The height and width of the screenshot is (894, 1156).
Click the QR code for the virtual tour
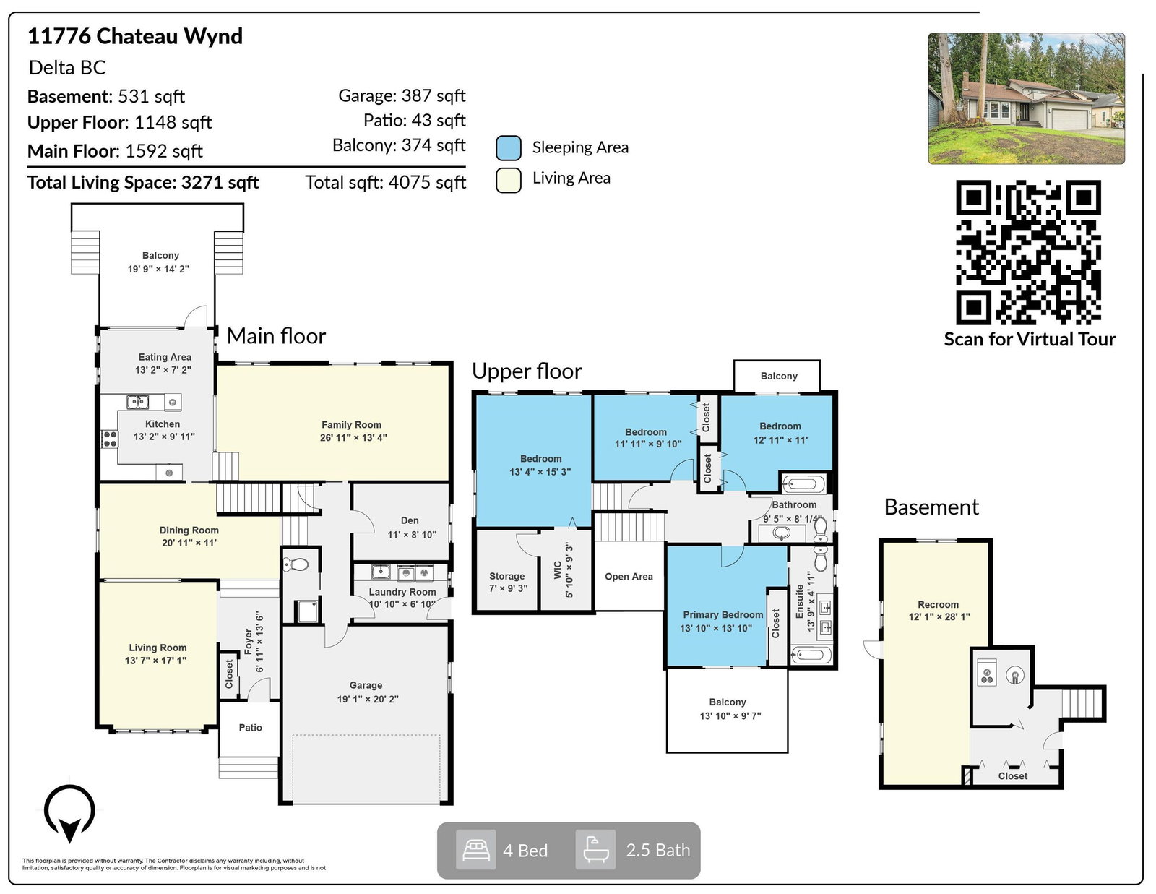[1028, 252]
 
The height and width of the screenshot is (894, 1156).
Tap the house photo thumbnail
[1026, 98]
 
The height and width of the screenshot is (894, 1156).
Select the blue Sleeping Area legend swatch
[508, 148]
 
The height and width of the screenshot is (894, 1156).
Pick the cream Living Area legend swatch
[508, 180]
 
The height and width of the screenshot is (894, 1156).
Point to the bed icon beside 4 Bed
[475, 850]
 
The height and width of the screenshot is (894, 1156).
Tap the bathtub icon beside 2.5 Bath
[595, 849]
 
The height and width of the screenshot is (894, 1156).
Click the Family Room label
[351, 425]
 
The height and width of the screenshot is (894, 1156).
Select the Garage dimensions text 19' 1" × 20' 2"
[368, 699]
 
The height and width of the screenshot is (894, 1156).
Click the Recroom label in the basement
[938, 604]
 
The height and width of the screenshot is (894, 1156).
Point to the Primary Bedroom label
[723, 614]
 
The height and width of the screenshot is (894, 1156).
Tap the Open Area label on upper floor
[629, 576]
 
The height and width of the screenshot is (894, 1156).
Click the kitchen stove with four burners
[110, 439]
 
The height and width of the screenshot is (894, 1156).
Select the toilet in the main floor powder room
[296, 564]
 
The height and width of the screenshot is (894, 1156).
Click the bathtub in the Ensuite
[811, 654]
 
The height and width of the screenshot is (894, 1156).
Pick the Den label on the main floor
[410, 520]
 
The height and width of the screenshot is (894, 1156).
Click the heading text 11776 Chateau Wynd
[135, 36]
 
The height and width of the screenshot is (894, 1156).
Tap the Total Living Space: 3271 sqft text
[143, 183]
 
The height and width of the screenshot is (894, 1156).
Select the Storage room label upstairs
[506, 576]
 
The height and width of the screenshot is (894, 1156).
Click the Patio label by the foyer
[250, 728]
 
